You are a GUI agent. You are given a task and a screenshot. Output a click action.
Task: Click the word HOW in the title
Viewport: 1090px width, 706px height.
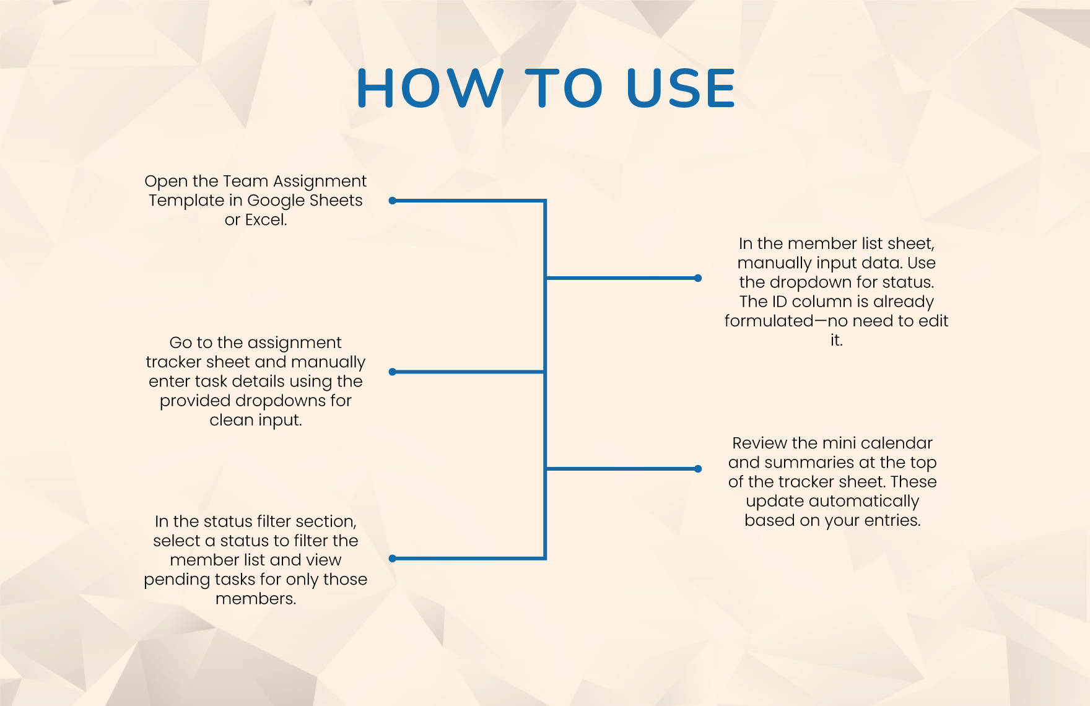[x=430, y=88]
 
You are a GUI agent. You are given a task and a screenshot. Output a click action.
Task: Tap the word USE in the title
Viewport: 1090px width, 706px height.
[x=681, y=88]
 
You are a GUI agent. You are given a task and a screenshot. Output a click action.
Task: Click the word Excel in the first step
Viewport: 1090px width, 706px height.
[x=265, y=220]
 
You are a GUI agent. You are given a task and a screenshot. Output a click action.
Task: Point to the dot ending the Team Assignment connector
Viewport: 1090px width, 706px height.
[x=392, y=201]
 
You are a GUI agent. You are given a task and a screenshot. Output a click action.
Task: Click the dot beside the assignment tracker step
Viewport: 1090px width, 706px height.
[x=392, y=372]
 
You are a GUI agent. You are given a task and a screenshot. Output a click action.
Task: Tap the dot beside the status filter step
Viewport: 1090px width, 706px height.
[x=392, y=558]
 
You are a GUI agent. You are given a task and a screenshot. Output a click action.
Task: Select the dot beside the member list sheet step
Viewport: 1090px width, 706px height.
[x=698, y=278]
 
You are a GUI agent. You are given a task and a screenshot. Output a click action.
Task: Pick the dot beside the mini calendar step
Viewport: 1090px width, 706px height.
[x=698, y=469]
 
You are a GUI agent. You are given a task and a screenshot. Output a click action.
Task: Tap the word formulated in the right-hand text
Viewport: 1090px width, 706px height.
[x=769, y=321]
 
